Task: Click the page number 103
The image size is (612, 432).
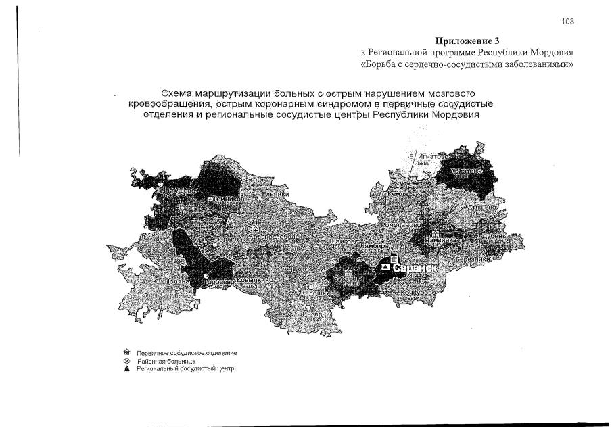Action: coord(567,22)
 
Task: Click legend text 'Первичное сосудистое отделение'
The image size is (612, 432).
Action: coord(187,353)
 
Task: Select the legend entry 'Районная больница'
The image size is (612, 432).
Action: coord(162,361)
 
